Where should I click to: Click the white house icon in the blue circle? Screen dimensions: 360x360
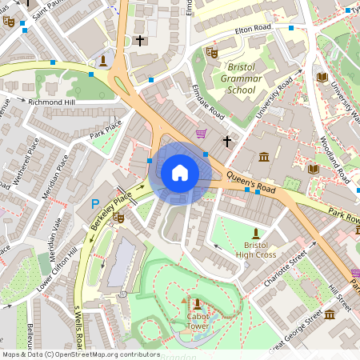pyautogui.click(x=180, y=173)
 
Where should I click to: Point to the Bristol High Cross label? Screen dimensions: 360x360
pyautogui.click(x=256, y=249)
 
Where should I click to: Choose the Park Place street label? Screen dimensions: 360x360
pyautogui.click(x=106, y=126)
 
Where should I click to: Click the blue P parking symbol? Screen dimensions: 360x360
pyautogui.click(x=95, y=205)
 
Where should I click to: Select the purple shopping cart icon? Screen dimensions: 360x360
pyautogui.click(x=200, y=134)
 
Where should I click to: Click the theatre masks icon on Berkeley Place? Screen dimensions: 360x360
pyautogui.click(x=119, y=218)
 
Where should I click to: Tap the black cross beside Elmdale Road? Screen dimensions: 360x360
pyautogui.click(x=226, y=142)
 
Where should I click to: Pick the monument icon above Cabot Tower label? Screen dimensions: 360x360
pyautogui.click(x=196, y=302)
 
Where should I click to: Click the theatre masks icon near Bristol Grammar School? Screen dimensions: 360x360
pyautogui.click(x=211, y=52)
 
